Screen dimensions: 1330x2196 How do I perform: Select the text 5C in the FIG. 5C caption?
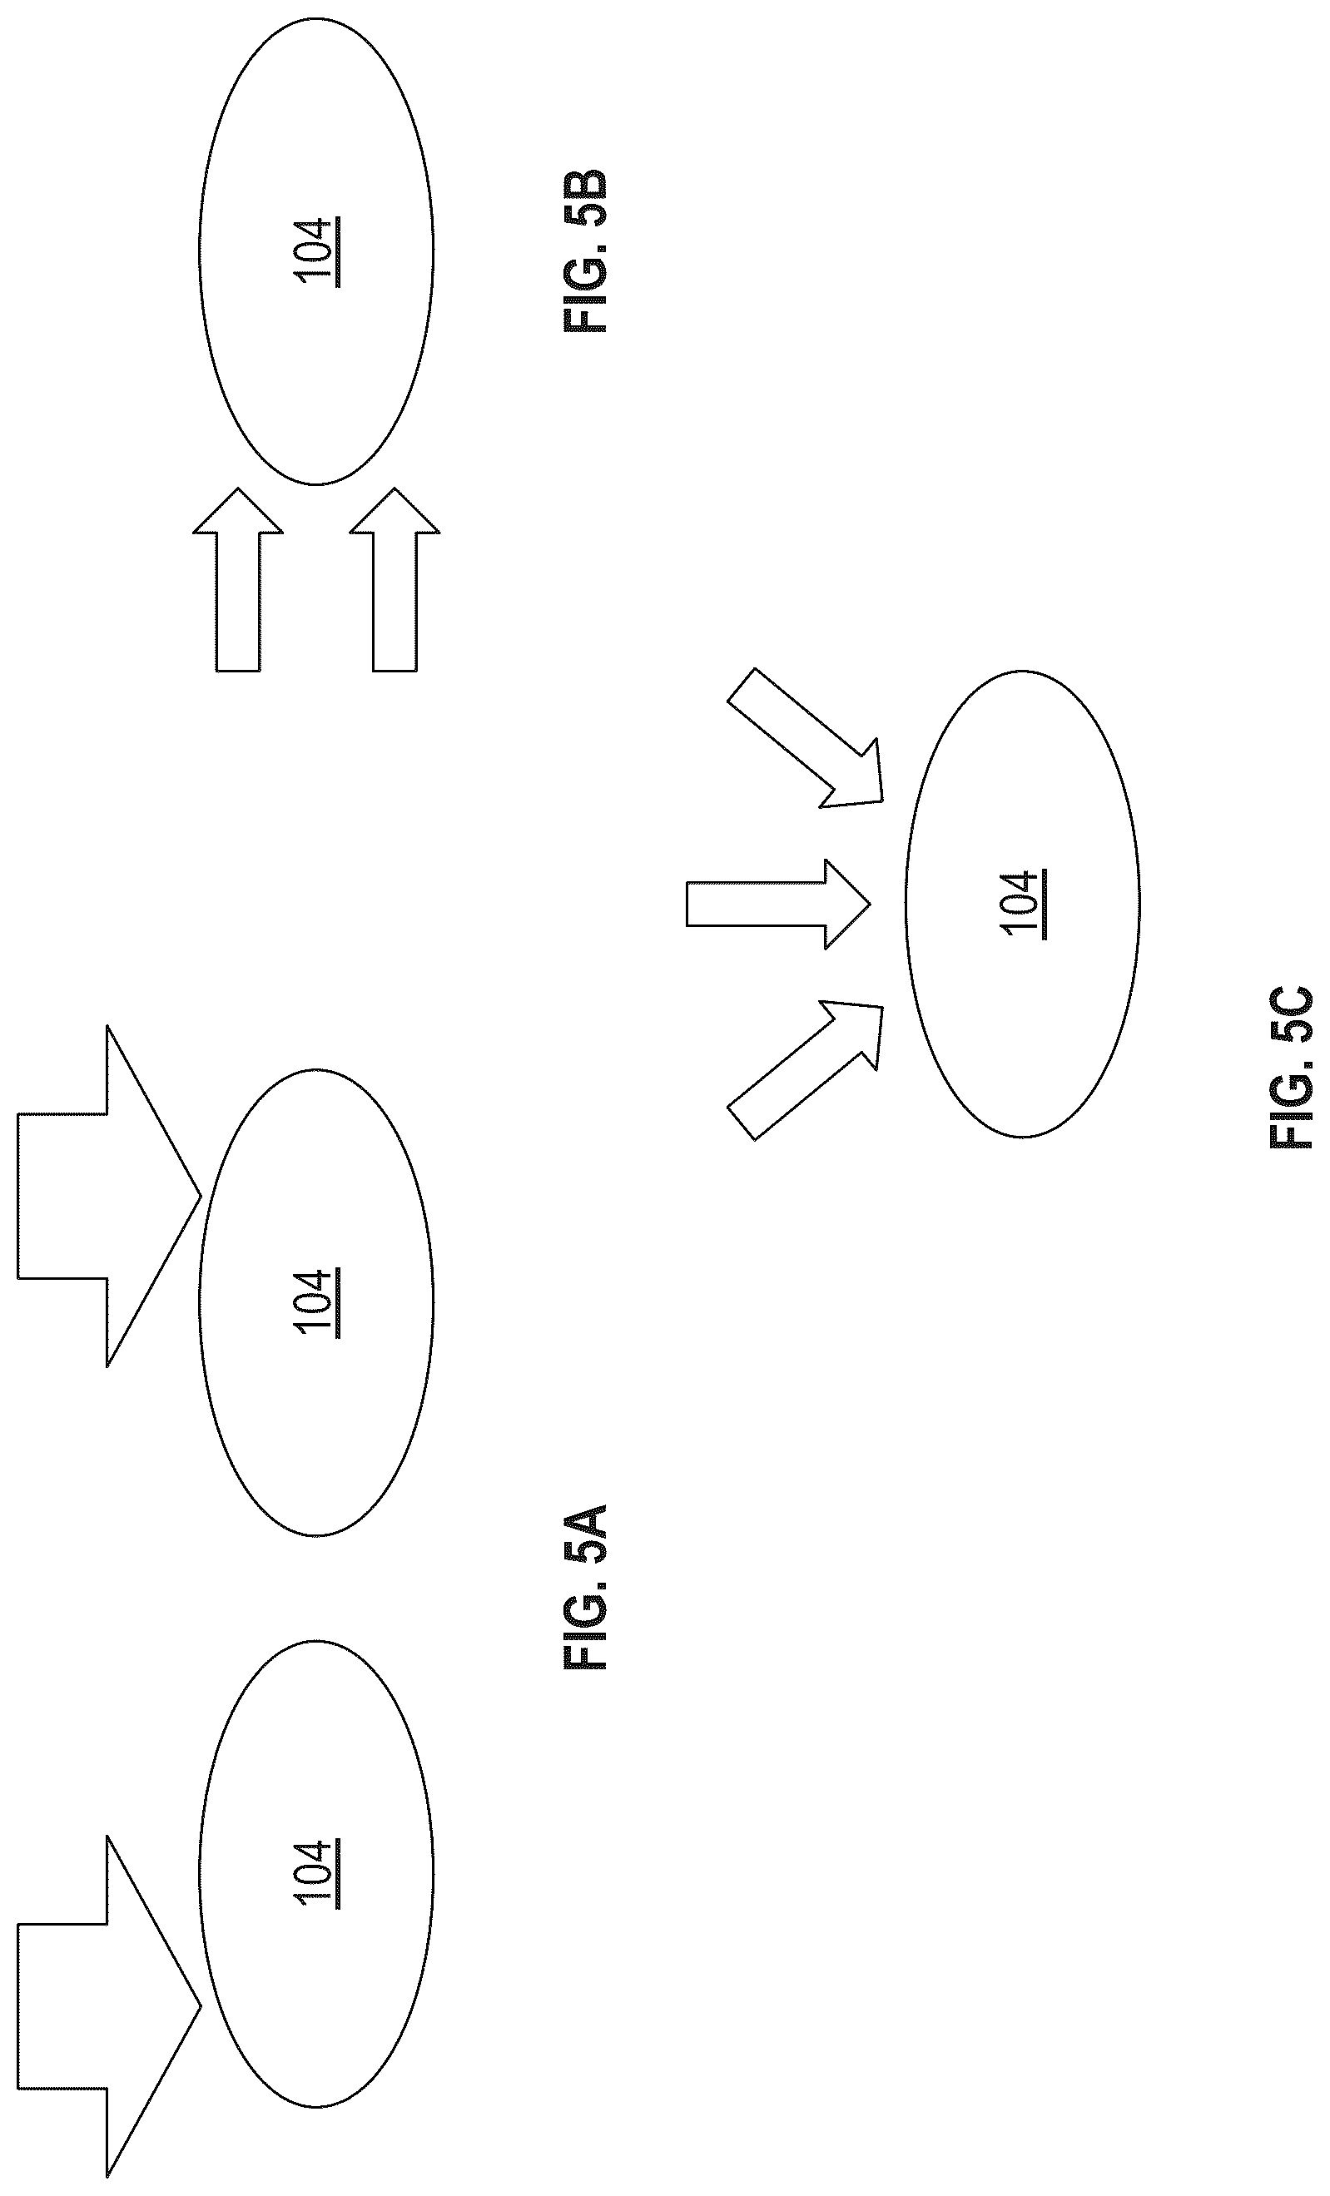(x=1291, y=1015)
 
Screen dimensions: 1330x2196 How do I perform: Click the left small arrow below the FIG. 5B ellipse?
(x=238, y=579)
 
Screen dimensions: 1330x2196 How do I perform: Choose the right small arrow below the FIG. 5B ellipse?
(x=395, y=579)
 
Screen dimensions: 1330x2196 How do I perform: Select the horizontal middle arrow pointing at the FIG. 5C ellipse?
(x=778, y=904)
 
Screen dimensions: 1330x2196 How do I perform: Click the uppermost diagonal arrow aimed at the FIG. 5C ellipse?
(x=806, y=739)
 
